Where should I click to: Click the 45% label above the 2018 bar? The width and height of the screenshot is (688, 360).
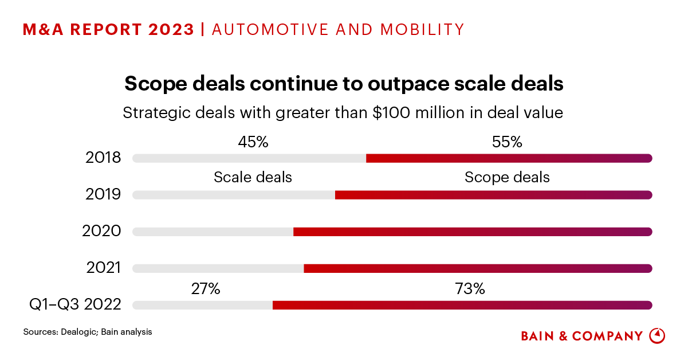pyautogui.click(x=253, y=142)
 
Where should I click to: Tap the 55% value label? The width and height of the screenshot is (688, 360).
pyautogui.click(x=507, y=142)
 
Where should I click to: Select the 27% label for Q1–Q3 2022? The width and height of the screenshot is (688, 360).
pyautogui.click(x=206, y=289)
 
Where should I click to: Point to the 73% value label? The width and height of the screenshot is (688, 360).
pyautogui.click(x=470, y=289)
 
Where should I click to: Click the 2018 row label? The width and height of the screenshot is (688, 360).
pyautogui.click(x=104, y=158)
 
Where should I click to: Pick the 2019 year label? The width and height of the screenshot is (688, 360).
pyautogui.click(x=103, y=194)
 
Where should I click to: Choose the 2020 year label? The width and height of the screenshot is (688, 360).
pyautogui.click(x=102, y=231)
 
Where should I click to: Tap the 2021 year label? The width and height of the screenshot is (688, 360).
pyautogui.click(x=104, y=268)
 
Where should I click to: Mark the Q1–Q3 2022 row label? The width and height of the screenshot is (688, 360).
pyautogui.click(x=75, y=304)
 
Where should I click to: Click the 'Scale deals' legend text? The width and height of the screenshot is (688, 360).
pyautogui.click(x=253, y=177)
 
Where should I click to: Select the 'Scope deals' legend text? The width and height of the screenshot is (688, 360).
pyautogui.click(x=507, y=177)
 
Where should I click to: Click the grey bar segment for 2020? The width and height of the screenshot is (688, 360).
pyautogui.click(x=213, y=232)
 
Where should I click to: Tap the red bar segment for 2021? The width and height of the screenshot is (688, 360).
pyautogui.click(x=478, y=268)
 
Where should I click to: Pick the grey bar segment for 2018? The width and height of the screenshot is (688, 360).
pyautogui.click(x=249, y=158)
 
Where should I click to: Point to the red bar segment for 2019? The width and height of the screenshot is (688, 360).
pyautogui.click(x=493, y=195)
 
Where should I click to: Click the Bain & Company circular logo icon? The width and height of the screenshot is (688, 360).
pyautogui.click(x=657, y=336)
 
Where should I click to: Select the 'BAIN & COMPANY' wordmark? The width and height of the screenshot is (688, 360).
pyautogui.click(x=581, y=336)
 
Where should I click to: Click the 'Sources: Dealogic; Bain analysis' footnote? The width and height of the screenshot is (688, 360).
pyautogui.click(x=88, y=331)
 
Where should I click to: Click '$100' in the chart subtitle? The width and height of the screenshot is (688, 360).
pyautogui.click(x=390, y=112)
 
